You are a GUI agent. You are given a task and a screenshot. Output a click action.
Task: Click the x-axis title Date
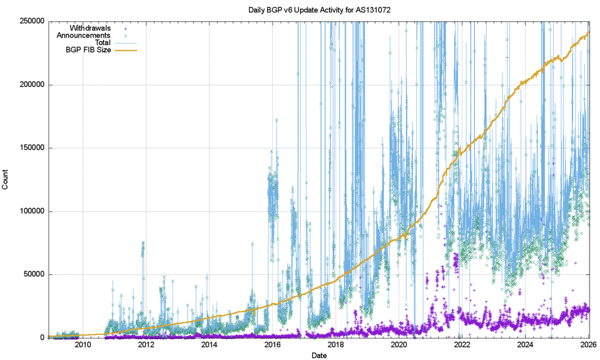(x=319, y=355)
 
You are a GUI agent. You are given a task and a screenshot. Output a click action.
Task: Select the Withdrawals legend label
(x=90, y=28)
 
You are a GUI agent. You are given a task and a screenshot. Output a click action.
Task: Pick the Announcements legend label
(x=84, y=35)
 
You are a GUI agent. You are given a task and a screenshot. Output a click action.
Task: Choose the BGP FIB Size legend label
(x=88, y=50)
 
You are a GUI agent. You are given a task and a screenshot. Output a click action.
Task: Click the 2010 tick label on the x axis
(x=83, y=345)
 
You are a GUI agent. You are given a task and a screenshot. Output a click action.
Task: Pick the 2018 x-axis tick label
(x=336, y=345)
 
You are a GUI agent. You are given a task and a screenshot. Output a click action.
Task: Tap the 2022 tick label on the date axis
(x=462, y=345)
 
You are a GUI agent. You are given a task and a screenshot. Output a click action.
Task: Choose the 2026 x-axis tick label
(x=588, y=345)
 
